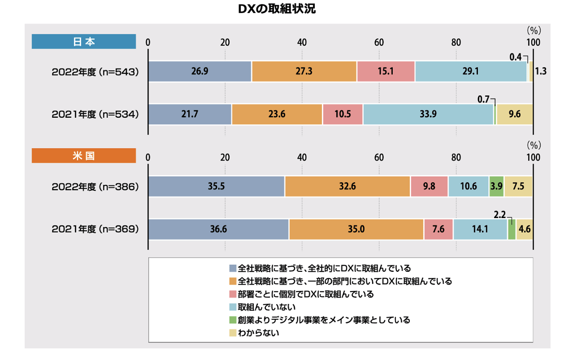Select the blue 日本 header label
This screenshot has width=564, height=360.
click(x=84, y=42)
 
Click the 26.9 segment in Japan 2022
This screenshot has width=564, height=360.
click(x=199, y=71)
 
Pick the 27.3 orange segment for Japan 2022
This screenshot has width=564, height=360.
click(x=304, y=71)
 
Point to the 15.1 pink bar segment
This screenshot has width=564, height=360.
click(x=386, y=71)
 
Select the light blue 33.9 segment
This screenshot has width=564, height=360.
click(x=428, y=114)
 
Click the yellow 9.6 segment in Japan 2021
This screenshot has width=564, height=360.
click(x=514, y=114)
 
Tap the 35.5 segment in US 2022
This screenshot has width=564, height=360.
click(x=216, y=186)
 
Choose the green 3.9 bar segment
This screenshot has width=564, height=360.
click(x=496, y=186)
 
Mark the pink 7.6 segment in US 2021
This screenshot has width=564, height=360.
click(x=438, y=230)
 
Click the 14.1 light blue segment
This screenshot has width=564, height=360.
click(x=480, y=230)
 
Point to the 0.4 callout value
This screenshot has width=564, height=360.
click(x=515, y=57)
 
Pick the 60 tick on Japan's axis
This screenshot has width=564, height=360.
click(x=379, y=42)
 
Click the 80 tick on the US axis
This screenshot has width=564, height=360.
click(x=456, y=157)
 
